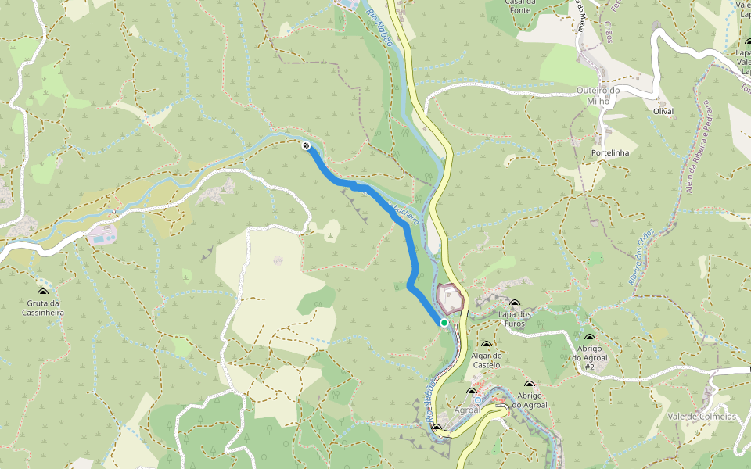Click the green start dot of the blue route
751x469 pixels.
point(444,322)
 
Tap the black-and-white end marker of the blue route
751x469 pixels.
point(306,145)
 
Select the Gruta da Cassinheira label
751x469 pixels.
point(44,307)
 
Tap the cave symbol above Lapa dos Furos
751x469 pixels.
point(514,303)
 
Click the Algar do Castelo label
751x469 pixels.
point(486,360)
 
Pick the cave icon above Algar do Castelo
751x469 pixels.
point(487,345)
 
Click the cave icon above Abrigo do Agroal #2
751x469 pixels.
point(589,338)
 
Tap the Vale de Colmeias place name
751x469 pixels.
point(702,417)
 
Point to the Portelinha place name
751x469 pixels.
point(611,152)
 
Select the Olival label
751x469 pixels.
point(663,111)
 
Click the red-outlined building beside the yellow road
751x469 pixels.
point(449,298)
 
